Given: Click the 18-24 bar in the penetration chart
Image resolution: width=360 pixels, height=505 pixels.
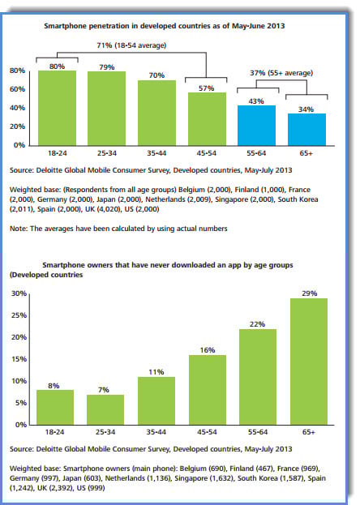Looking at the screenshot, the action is point(57,109).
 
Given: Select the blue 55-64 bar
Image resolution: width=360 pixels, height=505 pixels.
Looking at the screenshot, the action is point(256,126).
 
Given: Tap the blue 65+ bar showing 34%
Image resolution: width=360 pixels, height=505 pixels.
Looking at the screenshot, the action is point(306,130).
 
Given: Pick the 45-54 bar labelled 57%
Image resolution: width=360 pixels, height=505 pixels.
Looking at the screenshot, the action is point(207,119).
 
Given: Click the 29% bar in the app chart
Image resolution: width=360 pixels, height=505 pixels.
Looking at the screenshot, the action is point(309,362).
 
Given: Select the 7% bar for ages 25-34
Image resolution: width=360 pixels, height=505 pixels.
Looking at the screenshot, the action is point(105,409).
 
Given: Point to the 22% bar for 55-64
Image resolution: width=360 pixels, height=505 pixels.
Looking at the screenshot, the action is point(258,377).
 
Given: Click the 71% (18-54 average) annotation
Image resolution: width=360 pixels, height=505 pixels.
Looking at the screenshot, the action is point(131,45).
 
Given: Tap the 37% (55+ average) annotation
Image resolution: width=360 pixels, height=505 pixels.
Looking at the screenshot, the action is point(281,73).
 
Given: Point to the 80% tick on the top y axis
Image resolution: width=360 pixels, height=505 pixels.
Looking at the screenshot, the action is point(17,71).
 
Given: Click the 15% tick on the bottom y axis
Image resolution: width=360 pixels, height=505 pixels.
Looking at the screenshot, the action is point(19,359).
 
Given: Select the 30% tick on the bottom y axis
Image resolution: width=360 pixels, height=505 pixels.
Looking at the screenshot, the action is point(19,293).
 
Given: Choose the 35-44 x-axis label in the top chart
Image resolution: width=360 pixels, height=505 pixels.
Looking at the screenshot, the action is point(156,153).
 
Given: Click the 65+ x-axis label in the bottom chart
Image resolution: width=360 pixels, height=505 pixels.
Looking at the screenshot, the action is point(309,432).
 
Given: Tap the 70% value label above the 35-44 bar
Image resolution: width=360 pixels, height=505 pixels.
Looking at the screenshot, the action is point(156,75).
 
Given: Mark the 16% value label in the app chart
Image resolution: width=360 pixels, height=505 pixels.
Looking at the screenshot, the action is point(208,350).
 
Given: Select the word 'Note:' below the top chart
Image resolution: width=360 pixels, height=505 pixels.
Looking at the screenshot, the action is point(19,229).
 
